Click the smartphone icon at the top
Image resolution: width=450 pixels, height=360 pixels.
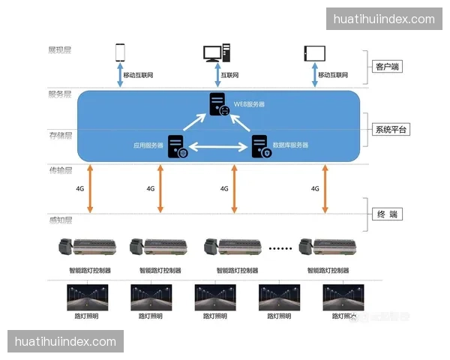120,52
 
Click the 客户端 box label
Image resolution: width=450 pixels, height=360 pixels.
387,67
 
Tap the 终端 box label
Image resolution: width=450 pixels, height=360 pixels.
387,214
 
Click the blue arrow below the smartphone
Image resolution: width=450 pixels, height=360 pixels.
120,75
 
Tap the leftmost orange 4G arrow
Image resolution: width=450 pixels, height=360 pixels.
90,188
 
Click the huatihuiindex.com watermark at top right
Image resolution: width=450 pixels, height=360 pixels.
383,19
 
